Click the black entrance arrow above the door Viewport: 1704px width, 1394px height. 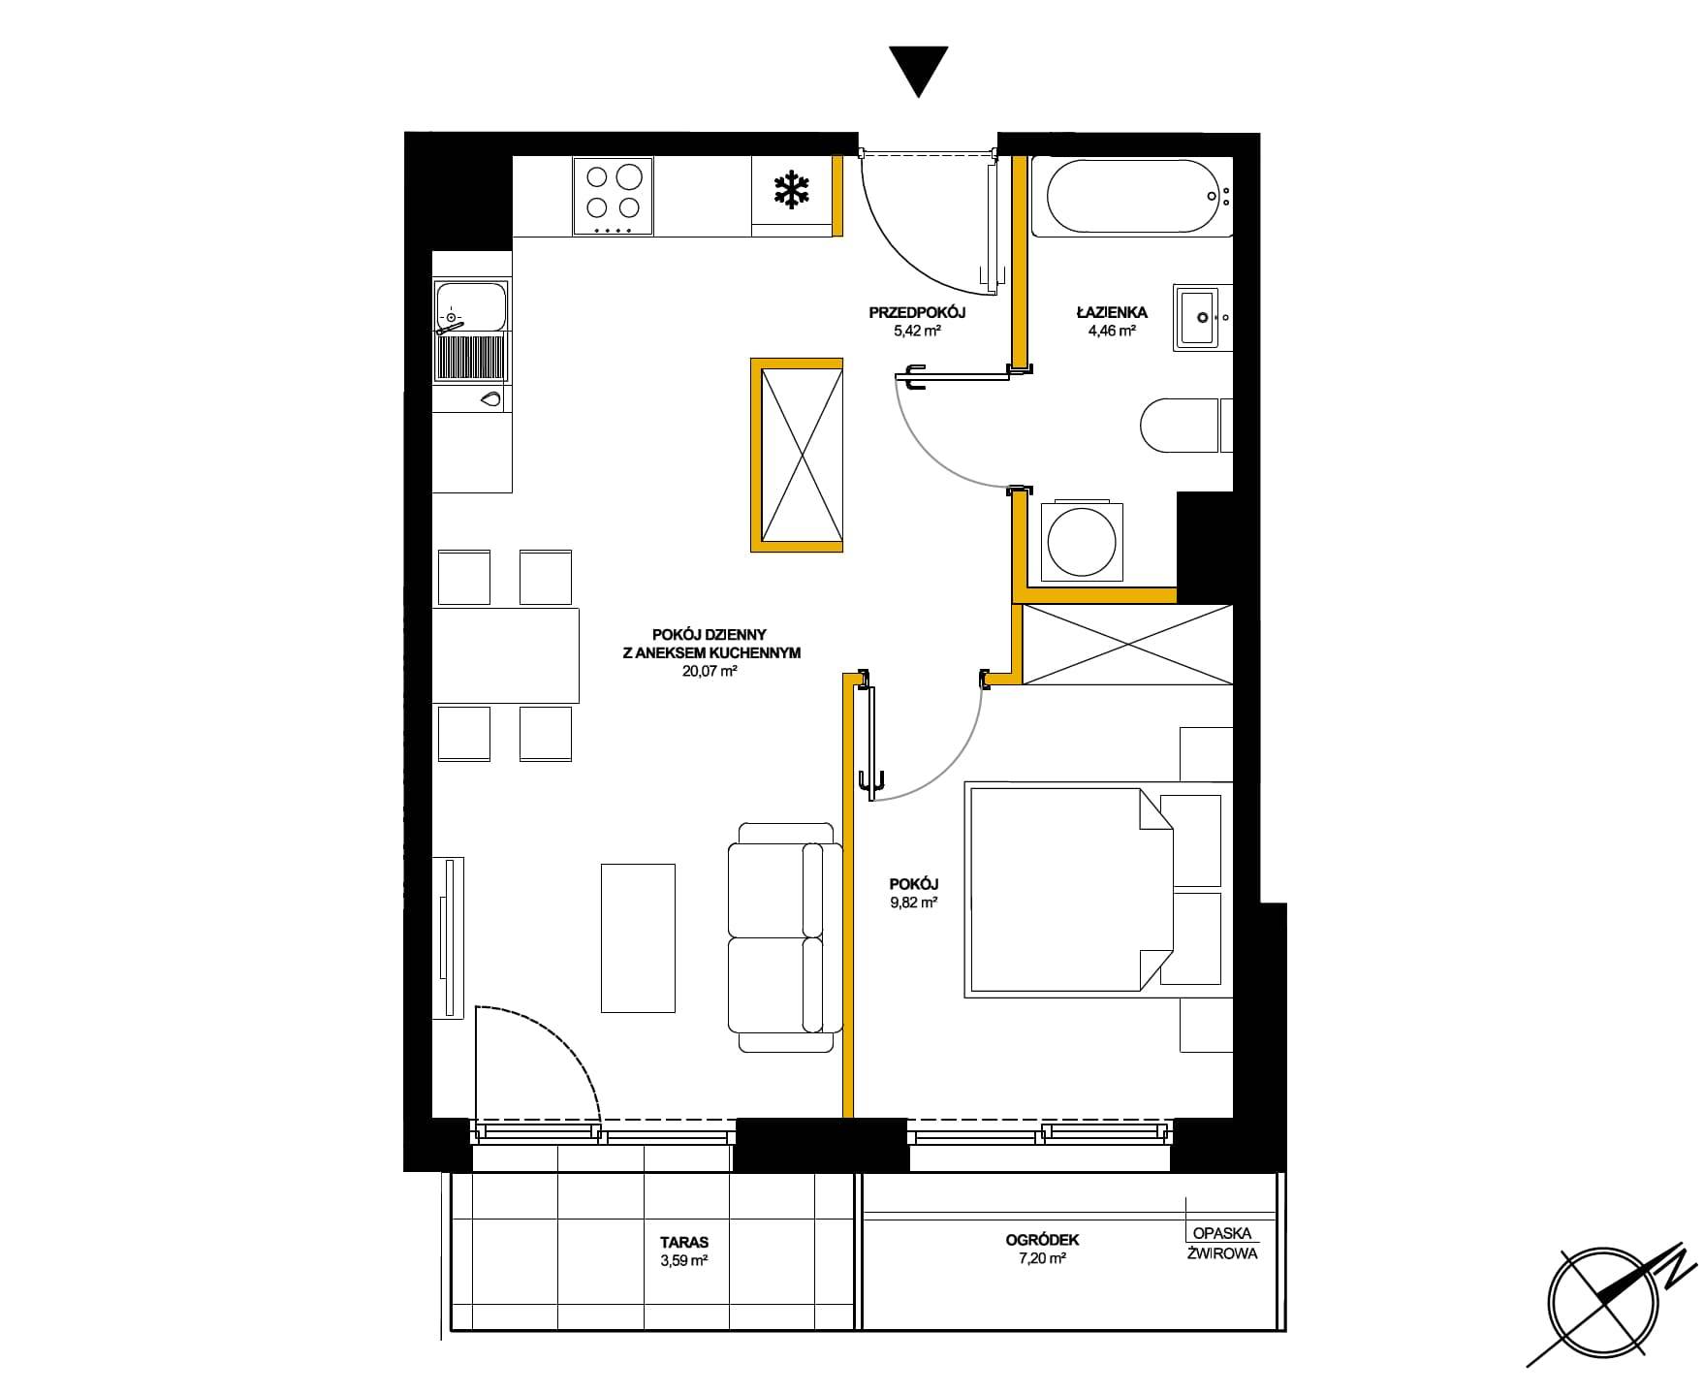click(918, 71)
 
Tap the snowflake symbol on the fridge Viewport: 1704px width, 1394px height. click(792, 189)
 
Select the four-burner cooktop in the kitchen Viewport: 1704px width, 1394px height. click(613, 197)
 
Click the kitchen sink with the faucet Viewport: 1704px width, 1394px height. click(472, 331)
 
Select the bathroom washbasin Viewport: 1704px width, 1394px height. click(1202, 317)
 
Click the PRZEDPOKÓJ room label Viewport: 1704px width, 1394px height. click(917, 313)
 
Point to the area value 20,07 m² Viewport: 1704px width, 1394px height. click(710, 670)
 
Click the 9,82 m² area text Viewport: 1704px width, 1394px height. click(914, 903)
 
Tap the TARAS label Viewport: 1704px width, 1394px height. click(684, 1242)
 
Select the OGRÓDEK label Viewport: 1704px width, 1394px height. click(1042, 1240)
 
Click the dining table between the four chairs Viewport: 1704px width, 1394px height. click(505, 655)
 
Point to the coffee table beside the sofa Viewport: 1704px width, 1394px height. click(638, 938)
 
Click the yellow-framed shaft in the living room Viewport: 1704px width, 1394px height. click(797, 455)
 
